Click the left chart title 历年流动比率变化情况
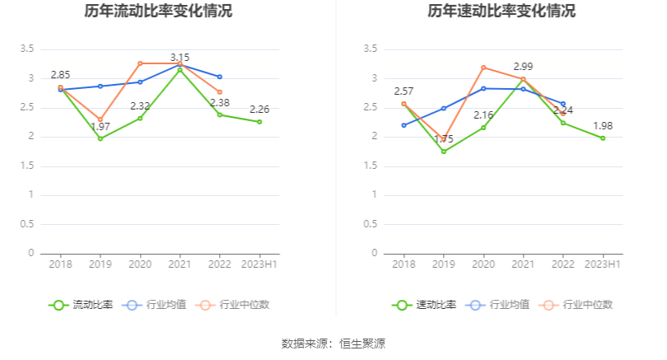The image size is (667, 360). click(158, 12)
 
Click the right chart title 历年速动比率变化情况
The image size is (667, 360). click(501, 12)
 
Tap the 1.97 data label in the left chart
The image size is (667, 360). click(100, 127)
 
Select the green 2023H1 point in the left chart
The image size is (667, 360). click(259, 122)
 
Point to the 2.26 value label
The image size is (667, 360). click(259, 110)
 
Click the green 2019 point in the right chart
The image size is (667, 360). click(444, 152)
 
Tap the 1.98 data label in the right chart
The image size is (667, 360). click(603, 126)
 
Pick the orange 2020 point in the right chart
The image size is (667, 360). click(483, 68)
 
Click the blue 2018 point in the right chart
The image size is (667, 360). click(403, 125)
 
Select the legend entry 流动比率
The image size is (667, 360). click(82, 305)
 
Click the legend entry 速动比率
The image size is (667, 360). click(426, 305)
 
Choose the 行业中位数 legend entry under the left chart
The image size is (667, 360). click(234, 305)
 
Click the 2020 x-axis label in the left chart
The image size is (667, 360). click(140, 264)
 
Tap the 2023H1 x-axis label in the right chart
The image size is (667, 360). click(603, 264)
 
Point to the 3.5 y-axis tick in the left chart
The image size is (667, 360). click(27, 49)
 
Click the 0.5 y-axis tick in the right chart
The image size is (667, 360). click(371, 224)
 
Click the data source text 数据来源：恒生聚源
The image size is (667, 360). click(333, 344)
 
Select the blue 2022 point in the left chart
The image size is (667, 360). click(219, 77)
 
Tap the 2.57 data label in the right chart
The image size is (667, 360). click(403, 91)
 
